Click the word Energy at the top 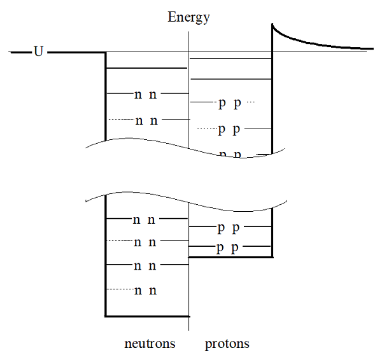[188, 17]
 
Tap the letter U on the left [38, 52]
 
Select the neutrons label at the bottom [150, 344]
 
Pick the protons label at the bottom [227, 344]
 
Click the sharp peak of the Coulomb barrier [273, 25]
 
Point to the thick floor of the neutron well [147, 315]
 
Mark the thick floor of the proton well [230, 257]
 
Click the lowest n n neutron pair [145, 291]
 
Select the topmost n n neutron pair [145, 95]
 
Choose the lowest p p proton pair [227, 248]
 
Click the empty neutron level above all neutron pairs [146, 67]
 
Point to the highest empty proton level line [230, 59]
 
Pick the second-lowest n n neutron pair [145, 266]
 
